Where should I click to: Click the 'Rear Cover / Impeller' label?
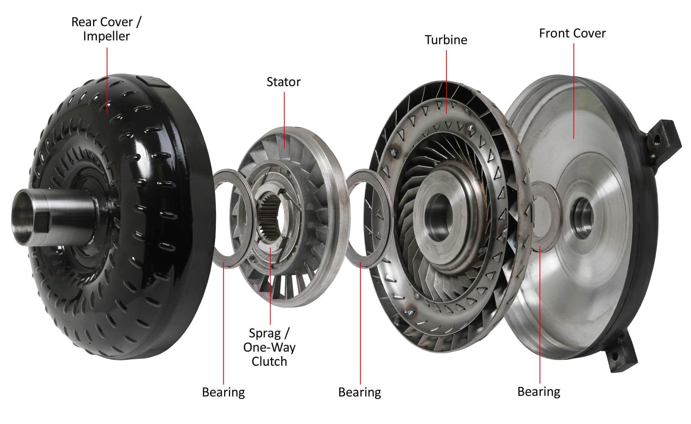click(x=106, y=29)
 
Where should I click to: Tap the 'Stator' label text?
click(x=284, y=82)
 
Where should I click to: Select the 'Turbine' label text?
click(x=446, y=40)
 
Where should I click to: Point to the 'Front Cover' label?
click(x=572, y=34)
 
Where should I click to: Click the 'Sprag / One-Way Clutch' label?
click(x=269, y=347)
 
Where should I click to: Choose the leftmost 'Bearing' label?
click(x=224, y=393)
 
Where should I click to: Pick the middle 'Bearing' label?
click(x=360, y=393)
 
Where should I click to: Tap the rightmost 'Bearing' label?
click(x=539, y=392)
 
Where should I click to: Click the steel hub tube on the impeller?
click(x=52, y=217)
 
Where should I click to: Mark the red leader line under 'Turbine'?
click(x=446, y=82)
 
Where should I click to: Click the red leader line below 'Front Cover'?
click(x=574, y=91)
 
